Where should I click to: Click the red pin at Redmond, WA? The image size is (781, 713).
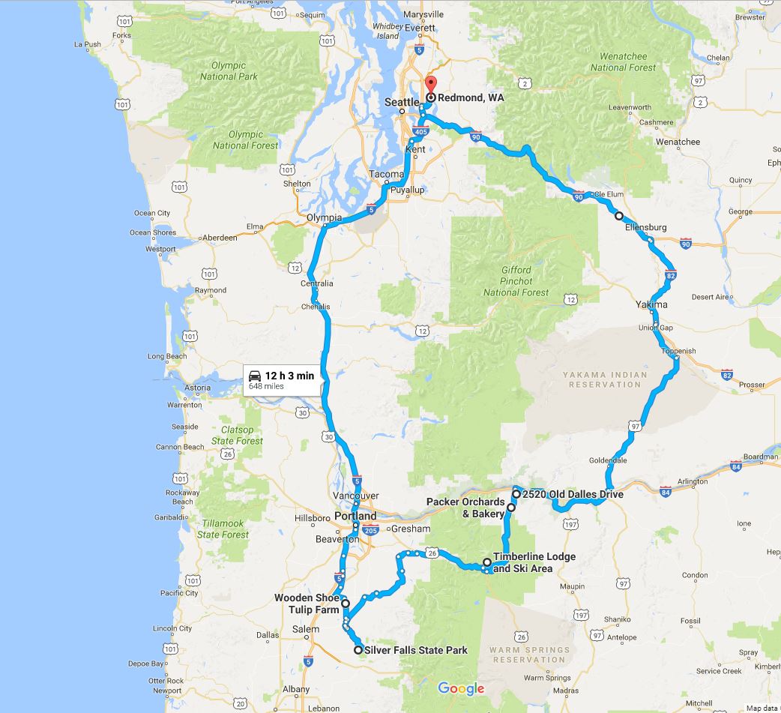430,85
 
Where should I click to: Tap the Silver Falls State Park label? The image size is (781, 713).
415,650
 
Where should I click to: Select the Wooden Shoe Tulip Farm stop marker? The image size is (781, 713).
346,603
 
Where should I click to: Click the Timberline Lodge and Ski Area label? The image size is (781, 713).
534,562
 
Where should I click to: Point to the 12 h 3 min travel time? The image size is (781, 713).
289,376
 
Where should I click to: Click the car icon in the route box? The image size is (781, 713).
255,375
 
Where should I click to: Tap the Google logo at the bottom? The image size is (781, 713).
461,688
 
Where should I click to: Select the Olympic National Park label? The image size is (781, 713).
229,71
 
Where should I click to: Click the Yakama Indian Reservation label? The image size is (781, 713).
605,379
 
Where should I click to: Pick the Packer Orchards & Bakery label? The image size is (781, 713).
465,508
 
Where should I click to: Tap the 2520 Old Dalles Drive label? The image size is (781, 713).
573,494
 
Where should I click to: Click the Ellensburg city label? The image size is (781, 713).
644,227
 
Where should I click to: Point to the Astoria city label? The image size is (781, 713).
197,388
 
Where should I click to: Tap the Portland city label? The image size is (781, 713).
355,517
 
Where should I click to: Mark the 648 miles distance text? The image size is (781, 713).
266,387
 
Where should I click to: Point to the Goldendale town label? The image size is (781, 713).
607,460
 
